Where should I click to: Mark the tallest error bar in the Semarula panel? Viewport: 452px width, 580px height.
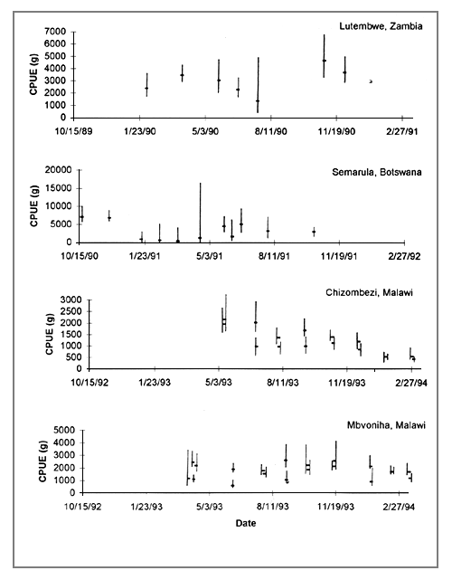tap(200, 210)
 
